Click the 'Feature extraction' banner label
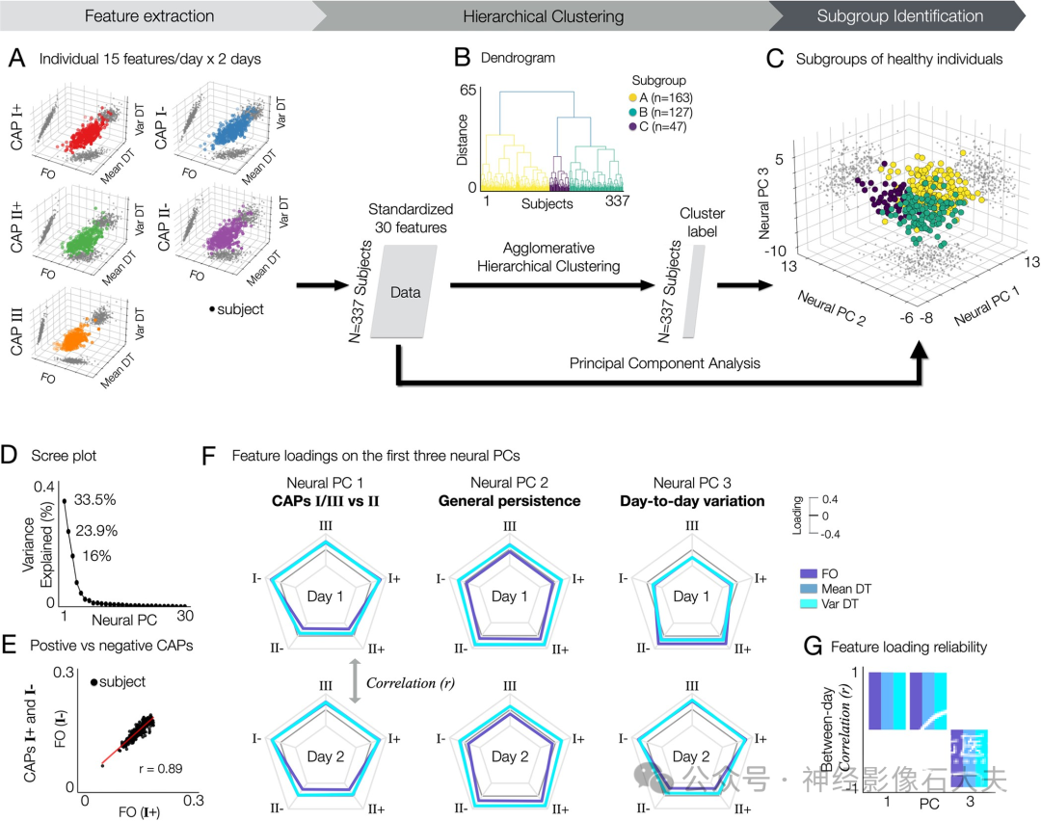149,16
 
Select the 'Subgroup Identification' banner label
899,16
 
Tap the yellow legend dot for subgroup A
632,97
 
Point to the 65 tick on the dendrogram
468,90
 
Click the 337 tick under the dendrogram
617,200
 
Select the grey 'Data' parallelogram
404,292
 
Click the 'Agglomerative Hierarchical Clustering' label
548,257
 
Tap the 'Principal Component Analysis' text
664,363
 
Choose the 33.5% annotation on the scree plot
94,500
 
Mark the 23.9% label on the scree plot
96,530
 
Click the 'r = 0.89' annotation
161,769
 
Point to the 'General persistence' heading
509,501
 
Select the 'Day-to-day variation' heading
692,501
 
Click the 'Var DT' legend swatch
809,604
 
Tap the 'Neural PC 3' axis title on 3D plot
764,203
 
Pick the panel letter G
813,647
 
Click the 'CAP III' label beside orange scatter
16,331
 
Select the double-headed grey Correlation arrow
355,681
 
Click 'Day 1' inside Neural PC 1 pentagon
325,596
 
